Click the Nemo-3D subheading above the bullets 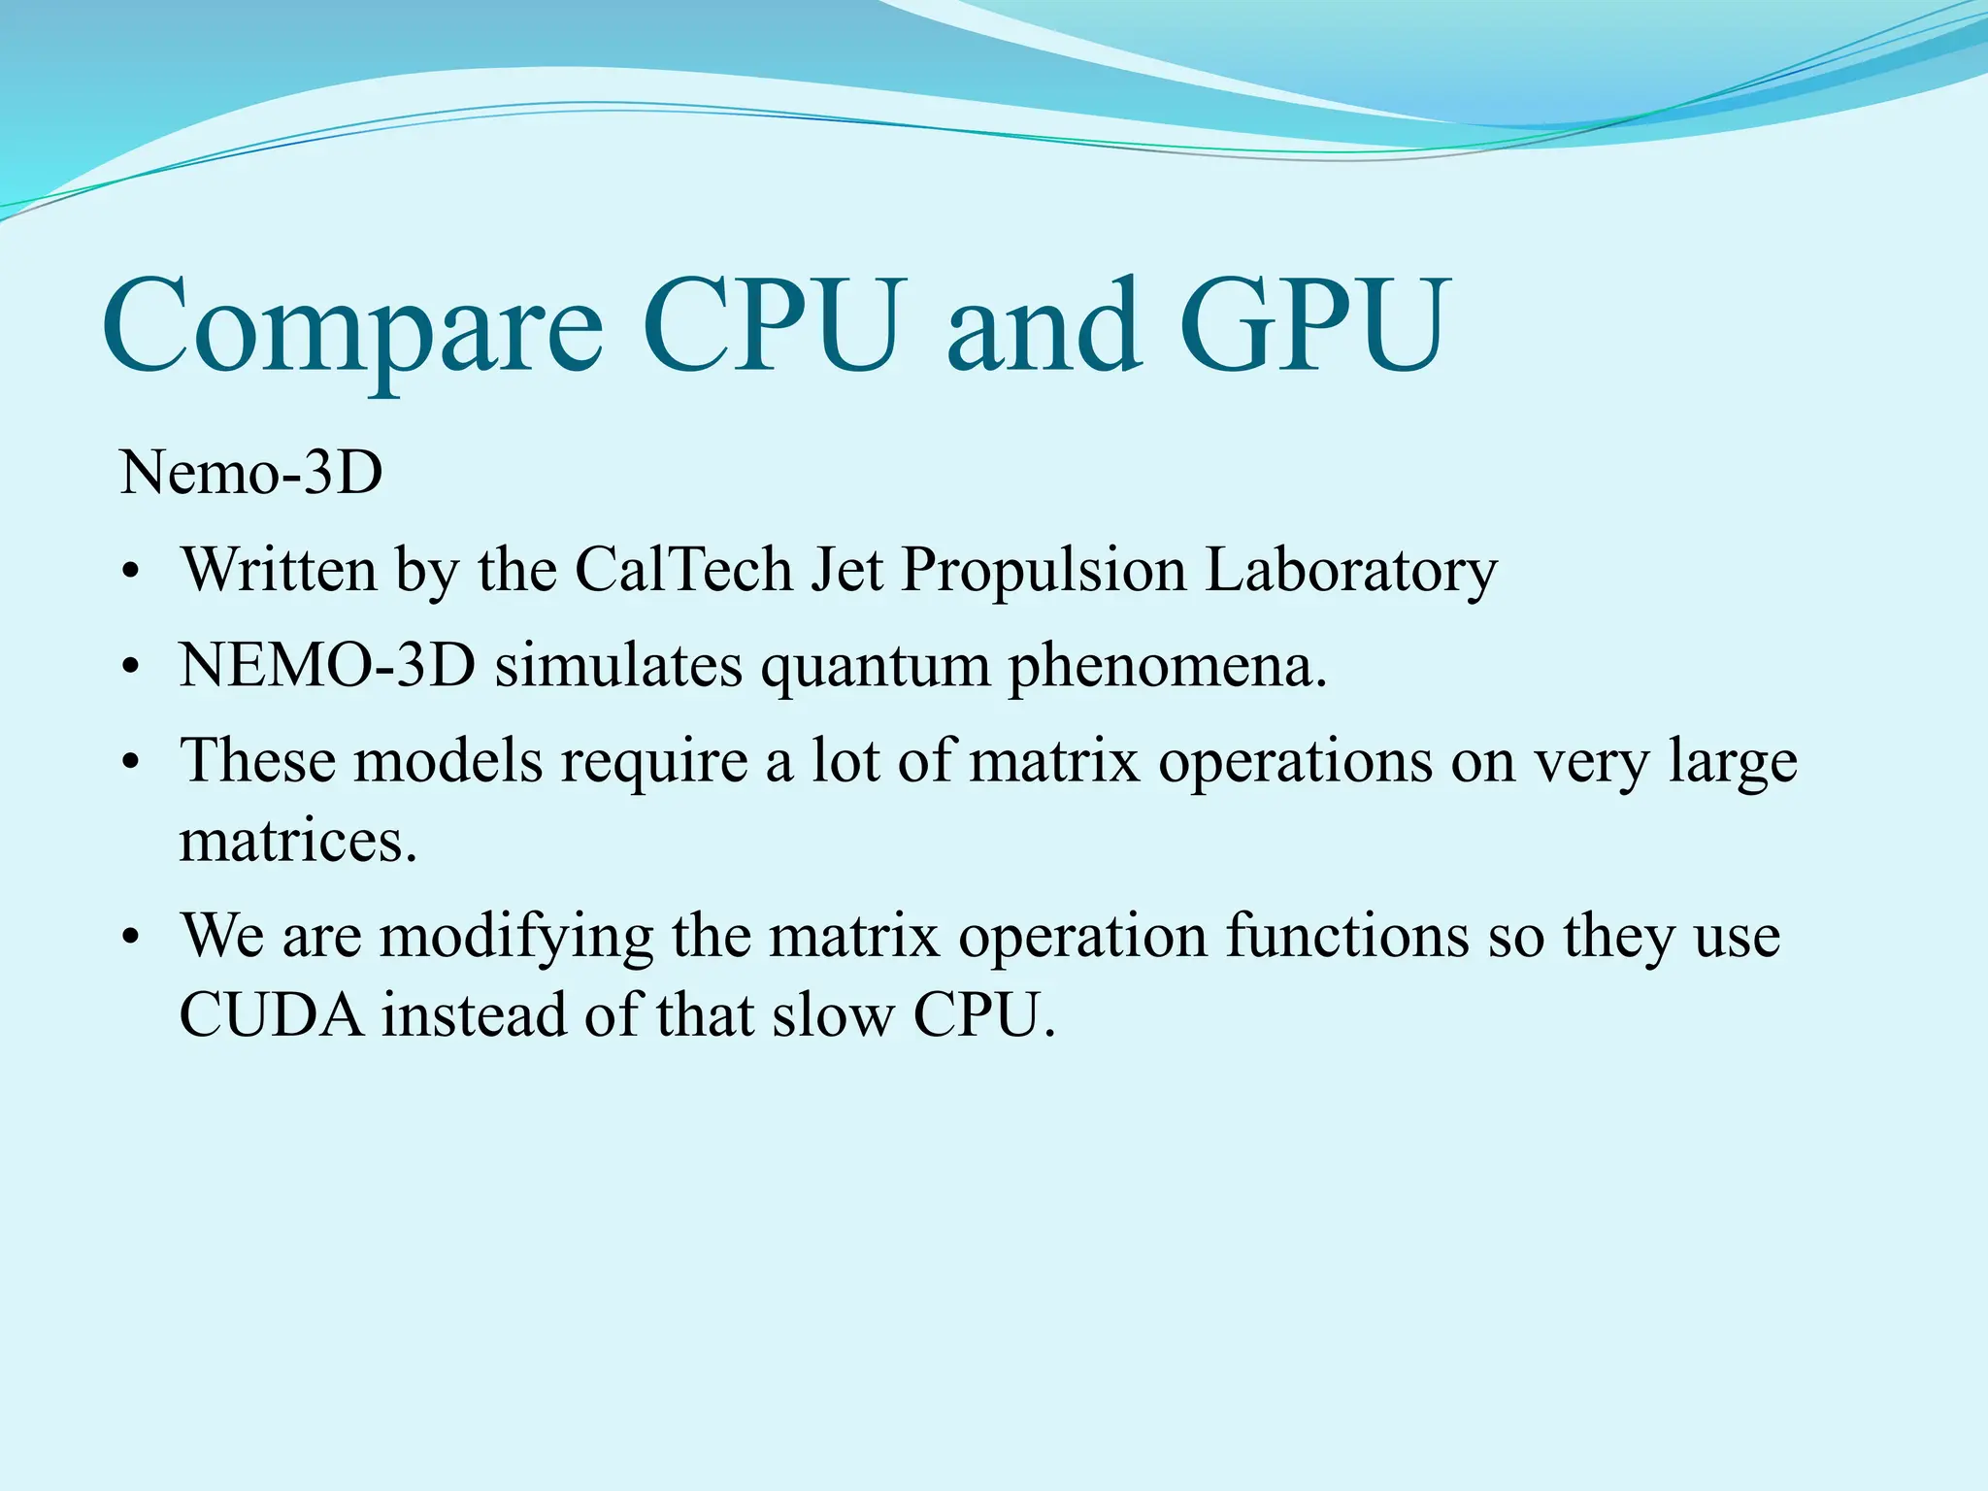click(x=251, y=474)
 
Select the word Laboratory click(x=1350, y=571)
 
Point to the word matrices click(x=298, y=840)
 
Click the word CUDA click(x=272, y=1015)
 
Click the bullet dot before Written click(x=132, y=573)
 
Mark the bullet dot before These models click(x=132, y=763)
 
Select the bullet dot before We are click(x=132, y=939)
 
